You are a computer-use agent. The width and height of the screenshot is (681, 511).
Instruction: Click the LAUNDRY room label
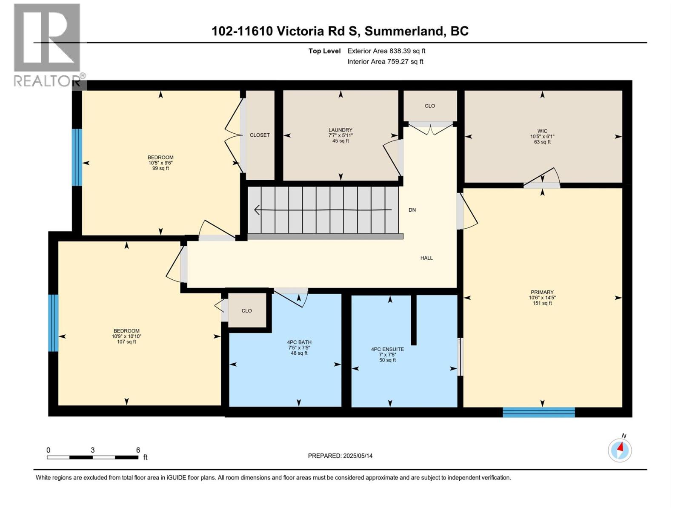click(340, 130)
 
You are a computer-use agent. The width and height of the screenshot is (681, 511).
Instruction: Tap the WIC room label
click(542, 131)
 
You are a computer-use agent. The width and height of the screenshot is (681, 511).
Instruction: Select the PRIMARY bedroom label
click(542, 292)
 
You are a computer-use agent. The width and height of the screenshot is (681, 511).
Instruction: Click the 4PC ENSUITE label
click(387, 349)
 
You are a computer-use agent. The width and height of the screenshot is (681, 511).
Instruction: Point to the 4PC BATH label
click(299, 342)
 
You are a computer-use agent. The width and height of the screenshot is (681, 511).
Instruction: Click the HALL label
click(426, 258)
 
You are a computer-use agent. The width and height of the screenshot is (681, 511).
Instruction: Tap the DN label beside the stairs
click(412, 210)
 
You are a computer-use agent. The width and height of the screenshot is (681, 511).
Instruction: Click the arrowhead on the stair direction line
click(257, 210)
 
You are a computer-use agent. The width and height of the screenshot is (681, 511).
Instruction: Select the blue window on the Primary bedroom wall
click(538, 412)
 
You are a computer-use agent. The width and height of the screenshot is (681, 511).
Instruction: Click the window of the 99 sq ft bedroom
click(77, 157)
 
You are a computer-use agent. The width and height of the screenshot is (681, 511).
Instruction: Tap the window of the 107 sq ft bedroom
click(53, 323)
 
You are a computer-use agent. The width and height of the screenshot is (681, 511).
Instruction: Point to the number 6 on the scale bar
click(138, 450)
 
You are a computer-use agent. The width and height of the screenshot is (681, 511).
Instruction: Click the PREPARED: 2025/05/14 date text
click(340, 456)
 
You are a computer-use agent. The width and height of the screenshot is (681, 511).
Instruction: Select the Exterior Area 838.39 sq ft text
click(386, 51)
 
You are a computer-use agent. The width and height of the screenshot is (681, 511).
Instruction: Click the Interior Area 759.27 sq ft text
click(385, 62)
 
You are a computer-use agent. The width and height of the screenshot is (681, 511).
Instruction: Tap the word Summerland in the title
click(403, 31)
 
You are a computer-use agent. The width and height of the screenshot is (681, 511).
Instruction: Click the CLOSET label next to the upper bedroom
click(260, 135)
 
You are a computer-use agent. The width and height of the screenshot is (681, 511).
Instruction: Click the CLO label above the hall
click(430, 106)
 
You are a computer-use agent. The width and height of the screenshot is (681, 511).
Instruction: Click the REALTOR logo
click(47, 45)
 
